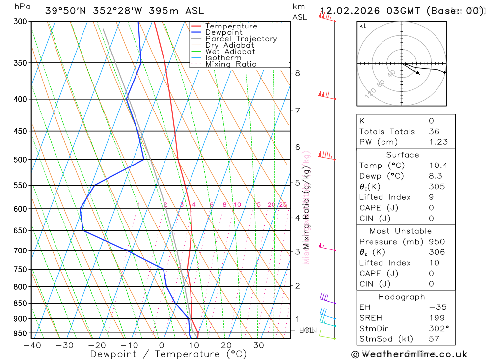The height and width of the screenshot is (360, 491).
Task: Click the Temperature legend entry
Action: point(231,26)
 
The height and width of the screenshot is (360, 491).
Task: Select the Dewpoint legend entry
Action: point(223,32)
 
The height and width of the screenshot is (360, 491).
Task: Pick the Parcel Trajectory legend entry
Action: point(241,39)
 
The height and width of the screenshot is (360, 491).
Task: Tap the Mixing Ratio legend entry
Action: point(231,64)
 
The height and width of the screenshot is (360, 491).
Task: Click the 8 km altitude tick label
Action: point(298,73)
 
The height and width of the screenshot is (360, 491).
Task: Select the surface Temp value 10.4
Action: point(438,166)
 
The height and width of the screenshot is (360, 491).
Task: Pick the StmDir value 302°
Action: point(438,329)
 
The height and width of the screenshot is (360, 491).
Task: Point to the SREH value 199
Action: point(435,318)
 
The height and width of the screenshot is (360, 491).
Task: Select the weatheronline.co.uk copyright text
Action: point(409,354)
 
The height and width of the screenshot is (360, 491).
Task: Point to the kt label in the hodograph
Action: point(363,26)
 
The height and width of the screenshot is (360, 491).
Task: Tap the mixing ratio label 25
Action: point(283,205)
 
